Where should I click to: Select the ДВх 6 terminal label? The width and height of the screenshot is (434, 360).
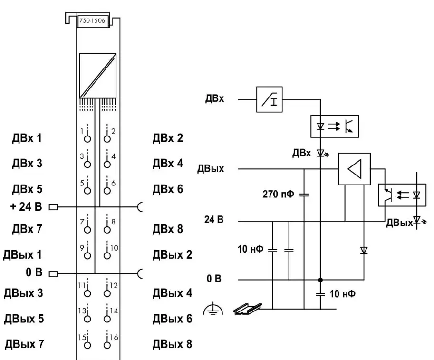[167, 189]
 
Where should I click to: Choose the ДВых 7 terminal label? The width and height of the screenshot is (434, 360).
[24, 343]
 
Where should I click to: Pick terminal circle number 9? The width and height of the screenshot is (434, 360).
[87, 255]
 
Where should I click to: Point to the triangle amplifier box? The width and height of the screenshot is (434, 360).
[354, 169]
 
